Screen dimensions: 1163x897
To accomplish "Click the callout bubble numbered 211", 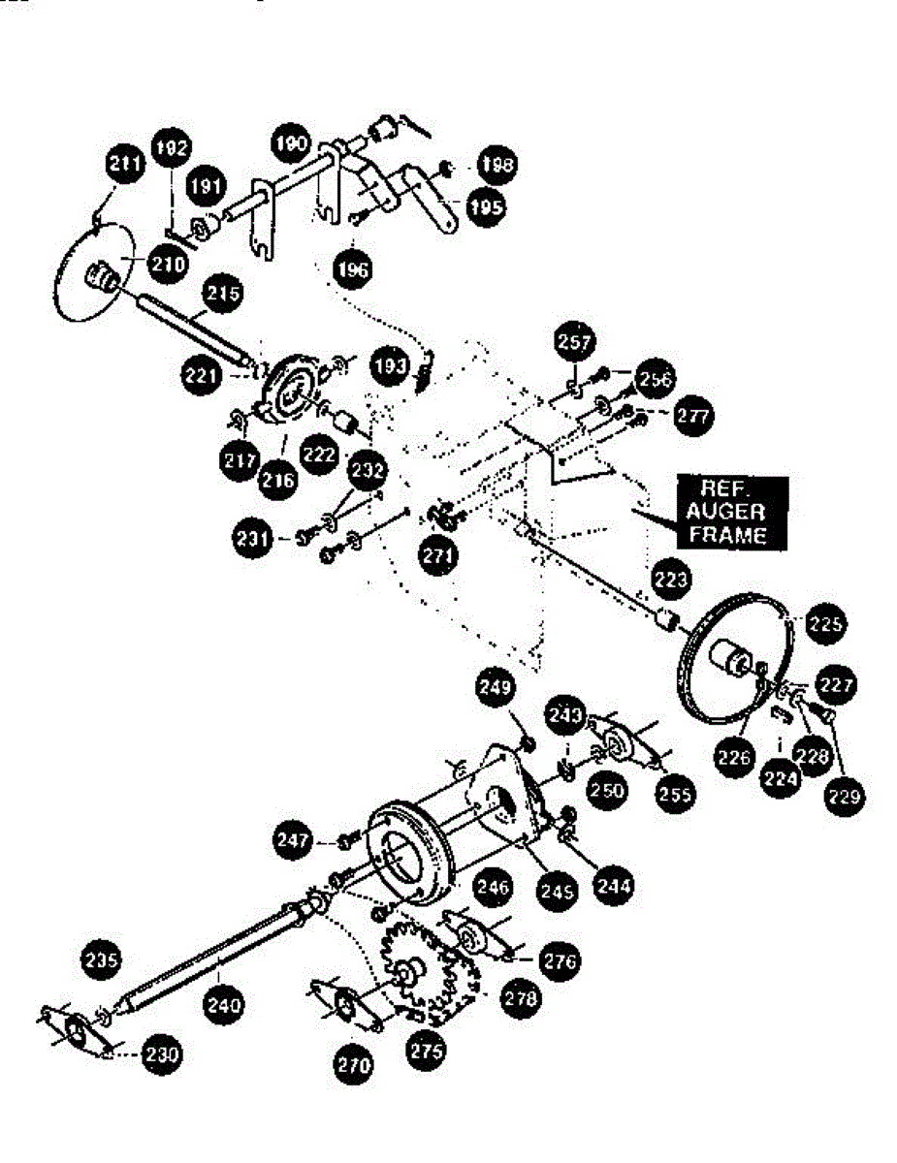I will click(124, 165).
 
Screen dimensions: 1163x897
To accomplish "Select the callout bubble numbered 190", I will click(289, 142).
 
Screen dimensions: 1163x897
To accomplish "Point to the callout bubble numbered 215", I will click(222, 293).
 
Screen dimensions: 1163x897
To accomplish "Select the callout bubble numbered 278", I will click(522, 999).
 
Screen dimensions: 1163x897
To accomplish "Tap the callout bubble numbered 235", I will click(101, 960).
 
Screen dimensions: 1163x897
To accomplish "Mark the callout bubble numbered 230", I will click(161, 1054).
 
